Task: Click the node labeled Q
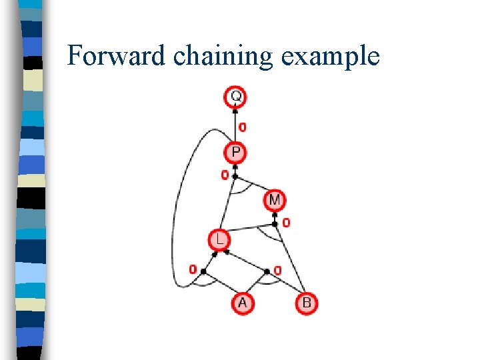tap(235, 97)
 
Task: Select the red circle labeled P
tap(235, 153)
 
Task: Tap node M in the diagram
tap(275, 199)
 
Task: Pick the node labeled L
tap(218, 239)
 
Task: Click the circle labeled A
tap(242, 303)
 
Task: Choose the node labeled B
tap(306, 303)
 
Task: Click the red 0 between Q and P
tap(242, 127)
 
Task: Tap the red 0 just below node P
tap(225, 175)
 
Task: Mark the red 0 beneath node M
tap(286, 223)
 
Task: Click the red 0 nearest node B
tap(277, 271)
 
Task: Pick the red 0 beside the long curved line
tap(192, 270)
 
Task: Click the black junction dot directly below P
tap(235, 176)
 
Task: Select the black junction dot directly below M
tap(274, 215)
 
